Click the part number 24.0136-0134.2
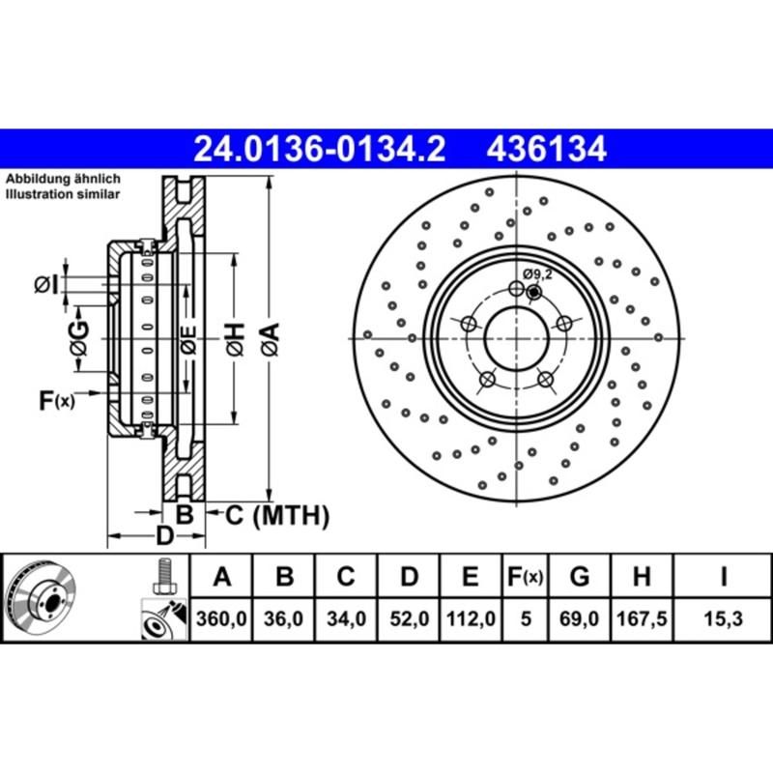(x=319, y=150)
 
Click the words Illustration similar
(x=63, y=194)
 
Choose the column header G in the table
(x=580, y=577)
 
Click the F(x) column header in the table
(x=526, y=578)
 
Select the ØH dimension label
(x=235, y=338)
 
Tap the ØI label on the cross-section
(x=45, y=283)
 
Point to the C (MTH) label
(x=276, y=515)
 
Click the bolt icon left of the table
(x=162, y=578)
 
